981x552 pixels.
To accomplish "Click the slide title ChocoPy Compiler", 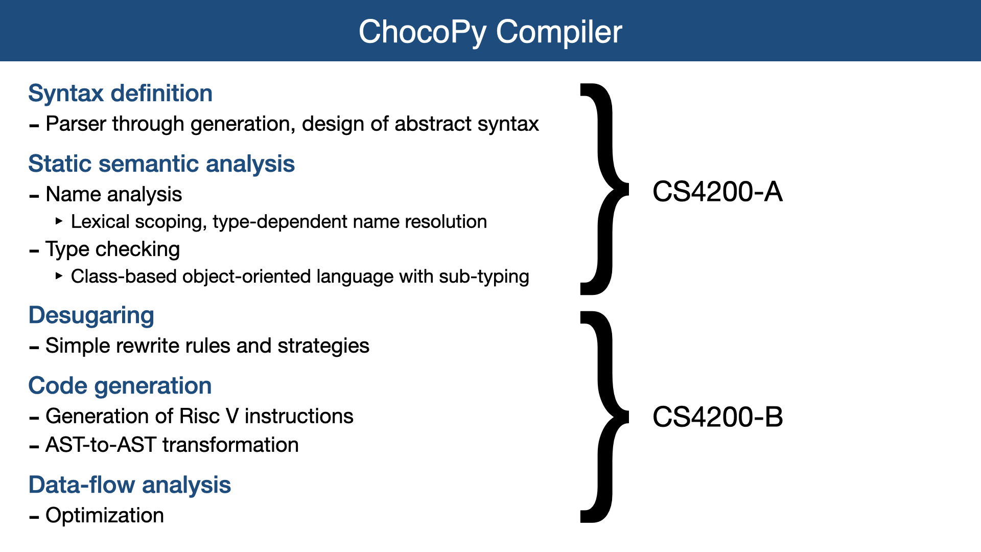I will click(x=490, y=32).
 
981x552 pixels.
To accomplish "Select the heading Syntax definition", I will click(x=120, y=94).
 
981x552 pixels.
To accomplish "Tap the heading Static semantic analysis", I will click(x=161, y=164).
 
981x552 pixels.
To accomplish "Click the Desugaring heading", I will click(x=91, y=315).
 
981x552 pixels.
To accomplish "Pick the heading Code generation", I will click(x=120, y=386).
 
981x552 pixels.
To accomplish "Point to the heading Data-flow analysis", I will click(x=130, y=485).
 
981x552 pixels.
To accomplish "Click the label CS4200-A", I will click(x=717, y=192).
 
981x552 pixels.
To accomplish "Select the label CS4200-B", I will click(x=717, y=417).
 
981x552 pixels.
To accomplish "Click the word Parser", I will click(x=76, y=124).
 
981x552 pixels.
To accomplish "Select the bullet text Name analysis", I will click(x=113, y=195).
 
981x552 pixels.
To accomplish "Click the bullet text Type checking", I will click(x=112, y=249).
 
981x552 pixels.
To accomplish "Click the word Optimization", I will click(x=105, y=516).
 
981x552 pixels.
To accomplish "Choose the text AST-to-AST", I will click(x=101, y=445).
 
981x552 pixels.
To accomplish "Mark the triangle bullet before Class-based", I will click(x=59, y=276).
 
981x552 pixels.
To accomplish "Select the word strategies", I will click(x=323, y=346).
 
